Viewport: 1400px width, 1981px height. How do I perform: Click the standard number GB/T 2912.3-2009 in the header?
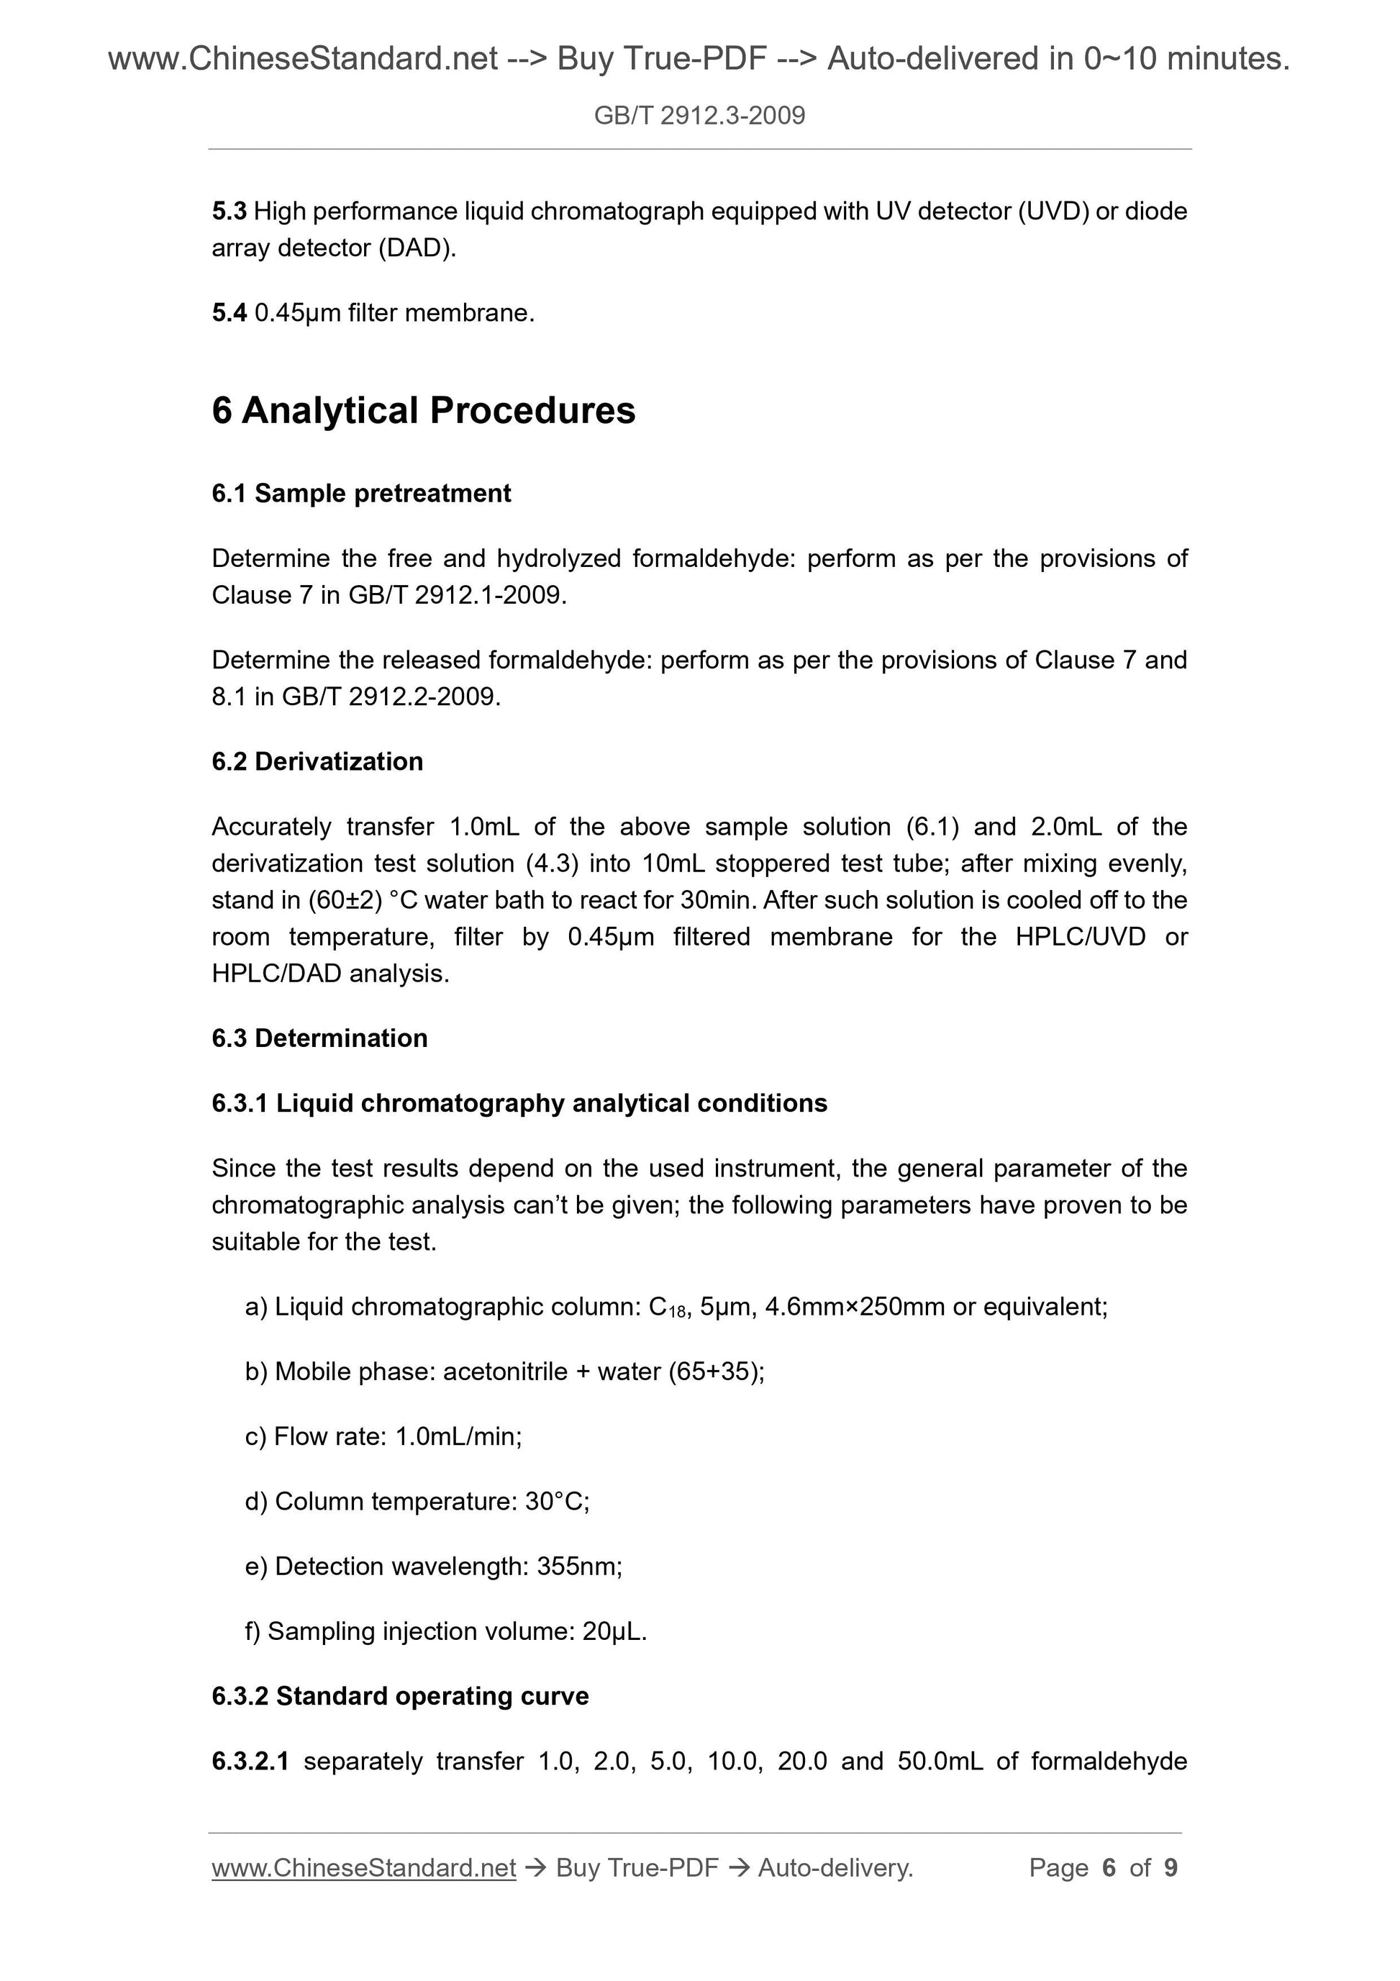pyautogui.click(x=699, y=116)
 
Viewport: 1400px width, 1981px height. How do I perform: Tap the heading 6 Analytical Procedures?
pyautogui.click(x=423, y=411)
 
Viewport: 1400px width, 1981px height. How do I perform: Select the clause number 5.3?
pyautogui.click(x=229, y=212)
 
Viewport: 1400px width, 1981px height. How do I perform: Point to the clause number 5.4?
pyautogui.click(x=229, y=313)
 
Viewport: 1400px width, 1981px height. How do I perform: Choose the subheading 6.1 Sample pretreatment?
pyautogui.click(x=360, y=494)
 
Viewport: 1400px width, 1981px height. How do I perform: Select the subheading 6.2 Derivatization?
pyautogui.click(x=317, y=762)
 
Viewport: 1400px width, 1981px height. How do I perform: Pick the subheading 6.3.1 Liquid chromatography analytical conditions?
pyautogui.click(x=519, y=1104)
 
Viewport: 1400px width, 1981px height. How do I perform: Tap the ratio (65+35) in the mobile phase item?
pyautogui.click(x=715, y=1372)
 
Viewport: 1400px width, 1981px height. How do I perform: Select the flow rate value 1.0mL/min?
pyautogui.click(x=457, y=1436)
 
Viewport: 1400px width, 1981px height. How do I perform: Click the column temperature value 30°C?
pyautogui.click(x=555, y=1502)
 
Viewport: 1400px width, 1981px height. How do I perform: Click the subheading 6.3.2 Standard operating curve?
pyautogui.click(x=399, y=1696)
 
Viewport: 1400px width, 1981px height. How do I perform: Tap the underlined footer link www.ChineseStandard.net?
pyautogui.click(x=363, y=1868)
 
